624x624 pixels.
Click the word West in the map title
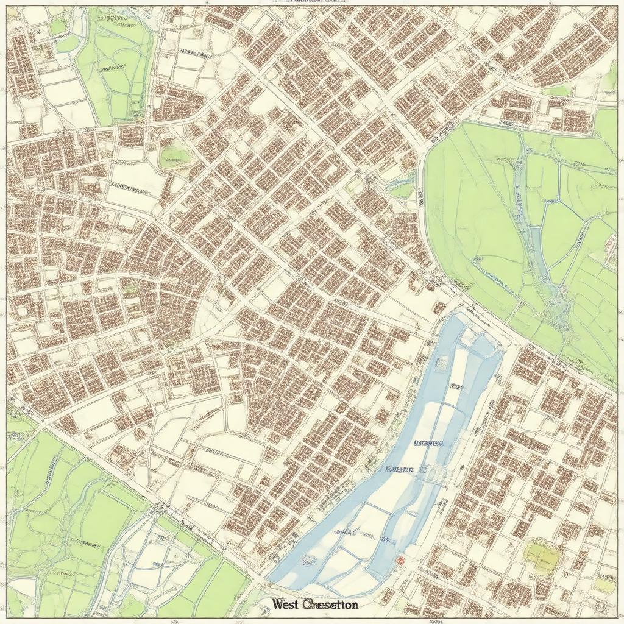[x=286, y=604]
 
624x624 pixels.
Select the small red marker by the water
[x=400, y=560]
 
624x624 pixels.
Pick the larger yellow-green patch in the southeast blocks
[x=542, y=555]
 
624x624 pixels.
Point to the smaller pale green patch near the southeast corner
[x=604, y=586]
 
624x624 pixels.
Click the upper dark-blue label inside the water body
[x=429, y=444]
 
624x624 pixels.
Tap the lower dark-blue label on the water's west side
[x=400, y=470]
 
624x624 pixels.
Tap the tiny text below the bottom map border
[x=436, y=621]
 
